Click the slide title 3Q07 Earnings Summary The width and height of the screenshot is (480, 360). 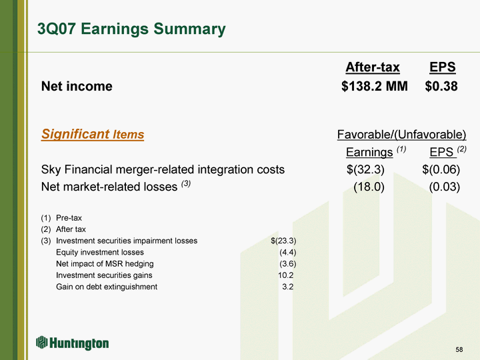pyautogui.click(x=131, y=29)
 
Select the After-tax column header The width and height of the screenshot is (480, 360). pyautogui.click(x=373, y=67)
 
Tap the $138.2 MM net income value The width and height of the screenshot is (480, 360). pyautogui.click(x=375, y=86)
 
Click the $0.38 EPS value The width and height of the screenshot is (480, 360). pyautogui.click(x=441, y=86)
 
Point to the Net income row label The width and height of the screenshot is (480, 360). pyautogui.click(x=77, y=86)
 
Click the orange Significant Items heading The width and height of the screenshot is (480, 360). pyautogui.click(x=93, y=134)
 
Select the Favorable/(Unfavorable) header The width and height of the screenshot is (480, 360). pyautogui.click(x=401, y=134)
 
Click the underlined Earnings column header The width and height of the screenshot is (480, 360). pyautogui.click(x=369, y=152)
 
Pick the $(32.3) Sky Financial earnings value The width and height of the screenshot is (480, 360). pyautogui.click(x=365, y=169)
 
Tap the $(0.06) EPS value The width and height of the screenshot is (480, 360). pyautogui.click(x=441, y=169)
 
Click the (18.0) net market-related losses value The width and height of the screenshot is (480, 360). pyautogui.click(x=369, y=187)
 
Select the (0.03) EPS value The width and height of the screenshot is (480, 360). pyautogui.click(x=445, y=187)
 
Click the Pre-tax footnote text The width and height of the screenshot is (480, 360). pyautogui.click(x=69, y=218)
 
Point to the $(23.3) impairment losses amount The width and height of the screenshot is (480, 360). pyautogui.click(x=283, y=241)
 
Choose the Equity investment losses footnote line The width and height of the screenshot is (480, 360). pyautogui.click(x=100, y=252)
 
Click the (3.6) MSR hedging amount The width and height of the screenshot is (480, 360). pyautogui.click(x=288, y=263)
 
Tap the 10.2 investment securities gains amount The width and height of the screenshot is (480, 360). pyautogui.click(x=285, y=275)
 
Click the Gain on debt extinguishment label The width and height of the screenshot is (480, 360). pyautogui.click(x=107, y=287)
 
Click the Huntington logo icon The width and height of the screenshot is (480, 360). pyautogui.click(x=41, y=342)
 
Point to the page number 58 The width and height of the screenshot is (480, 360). pyautogui.click(x=459, y=349)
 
